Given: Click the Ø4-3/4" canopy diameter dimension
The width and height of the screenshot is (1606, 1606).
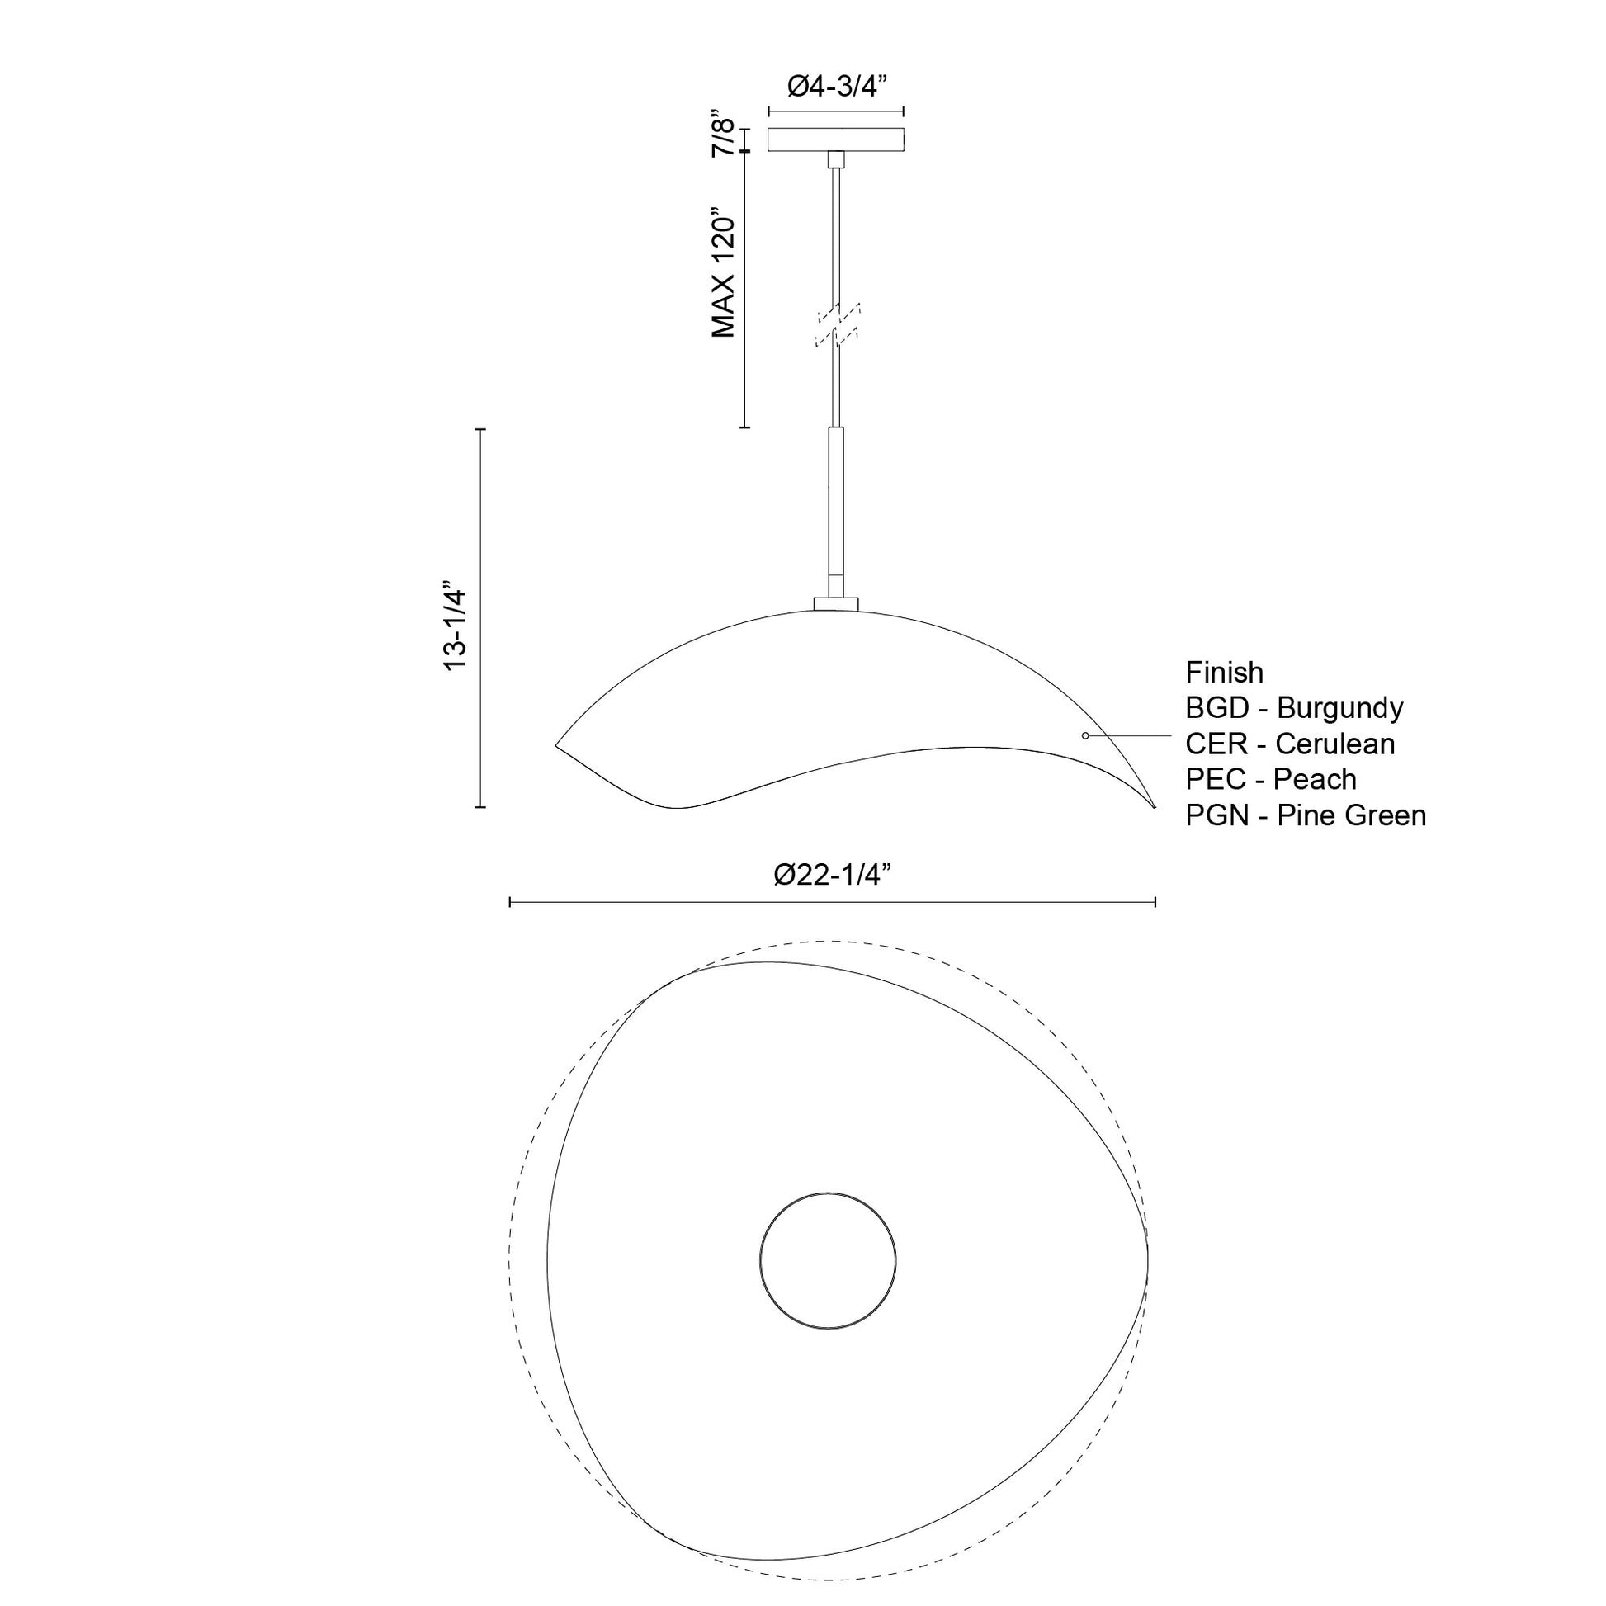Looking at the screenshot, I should pyautogui.click(x=835, y=86).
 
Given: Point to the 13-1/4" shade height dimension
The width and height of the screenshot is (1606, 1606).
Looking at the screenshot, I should pyautogui.click(x=456, y=626).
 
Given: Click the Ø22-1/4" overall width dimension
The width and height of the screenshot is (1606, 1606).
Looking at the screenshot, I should pyautogui.click(x=832, y=875).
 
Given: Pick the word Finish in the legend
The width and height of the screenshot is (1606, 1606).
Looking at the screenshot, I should pyautogui.click(x=1224, y=672).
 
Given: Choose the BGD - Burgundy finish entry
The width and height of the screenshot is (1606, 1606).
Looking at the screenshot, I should pyautogui.click(x=1293, y=707).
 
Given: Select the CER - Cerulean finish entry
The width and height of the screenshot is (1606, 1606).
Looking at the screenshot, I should pyautogui.click(x=1289, y=743).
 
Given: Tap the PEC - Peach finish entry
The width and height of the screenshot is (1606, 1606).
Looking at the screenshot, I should pyautogui.click(x=1270, y=779).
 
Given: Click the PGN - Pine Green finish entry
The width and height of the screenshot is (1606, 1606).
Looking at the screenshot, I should pyautogui.click(x=1305, y=815).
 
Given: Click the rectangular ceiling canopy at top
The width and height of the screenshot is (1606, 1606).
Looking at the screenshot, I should pyautogui.click(x=835, y=139).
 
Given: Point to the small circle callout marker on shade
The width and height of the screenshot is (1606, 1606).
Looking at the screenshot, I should pyautogui.click(x=1084, y=735).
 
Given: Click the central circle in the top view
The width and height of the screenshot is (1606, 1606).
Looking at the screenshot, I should pyautogui.click(x=828, y=1260).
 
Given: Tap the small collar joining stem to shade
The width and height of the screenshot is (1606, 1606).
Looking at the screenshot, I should pyautogui.click(x=836, y=602).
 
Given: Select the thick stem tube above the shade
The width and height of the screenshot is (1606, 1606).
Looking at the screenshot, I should pyautogui.click(x=836, y=507).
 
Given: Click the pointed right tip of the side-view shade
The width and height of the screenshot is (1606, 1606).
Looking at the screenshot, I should pyautogui.click(x=1154, y=806).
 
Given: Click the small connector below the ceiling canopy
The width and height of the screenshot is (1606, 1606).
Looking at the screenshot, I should pyautogui.click(x=836, y=159).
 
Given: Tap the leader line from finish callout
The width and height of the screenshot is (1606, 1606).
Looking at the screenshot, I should pyautogui.click(x=1131, y=735).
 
